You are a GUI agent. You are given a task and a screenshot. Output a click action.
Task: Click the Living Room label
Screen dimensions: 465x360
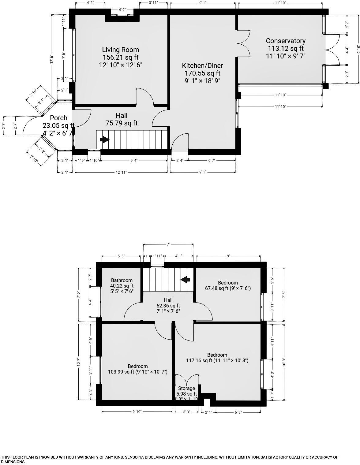pyautogui.click(x=120, y=50)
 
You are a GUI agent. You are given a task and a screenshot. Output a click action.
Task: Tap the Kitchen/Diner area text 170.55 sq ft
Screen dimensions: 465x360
pyautogui.click(x=202, y=73)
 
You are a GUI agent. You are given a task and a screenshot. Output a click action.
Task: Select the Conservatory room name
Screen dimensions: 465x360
pyautogui.click(x=285, y=41)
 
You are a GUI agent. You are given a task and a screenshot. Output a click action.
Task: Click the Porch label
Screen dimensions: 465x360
pyautogui.click(x=58, y=118)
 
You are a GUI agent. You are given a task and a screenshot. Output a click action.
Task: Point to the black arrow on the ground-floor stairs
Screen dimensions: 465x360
pyautogui.click(x=104, y=139)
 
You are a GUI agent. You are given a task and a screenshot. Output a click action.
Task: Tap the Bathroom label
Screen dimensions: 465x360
pyautogui.click(x=122, y=280)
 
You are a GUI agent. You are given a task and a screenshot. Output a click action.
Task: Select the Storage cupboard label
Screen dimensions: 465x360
pyautogui.click(x=186, y=388)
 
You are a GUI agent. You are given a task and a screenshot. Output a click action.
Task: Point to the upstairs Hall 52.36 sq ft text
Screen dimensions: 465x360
pyautogui.click(x=168, y=306)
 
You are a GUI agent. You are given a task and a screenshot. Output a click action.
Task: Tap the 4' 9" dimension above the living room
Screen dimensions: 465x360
pyautogui.click(x=122, y=10)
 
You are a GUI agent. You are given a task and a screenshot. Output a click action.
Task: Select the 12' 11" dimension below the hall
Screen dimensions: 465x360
pyautogui.click(x=121, y=172)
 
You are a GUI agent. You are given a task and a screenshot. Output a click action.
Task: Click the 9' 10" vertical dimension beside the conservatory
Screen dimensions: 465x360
pyautogui.click(x=358, y=49)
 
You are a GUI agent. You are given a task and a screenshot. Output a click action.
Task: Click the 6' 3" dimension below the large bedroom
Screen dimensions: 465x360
pyautogui.click(x=238, y=412)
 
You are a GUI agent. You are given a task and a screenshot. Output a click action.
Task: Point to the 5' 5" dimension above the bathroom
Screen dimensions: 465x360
pyautogui.click(x=121, y=256)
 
